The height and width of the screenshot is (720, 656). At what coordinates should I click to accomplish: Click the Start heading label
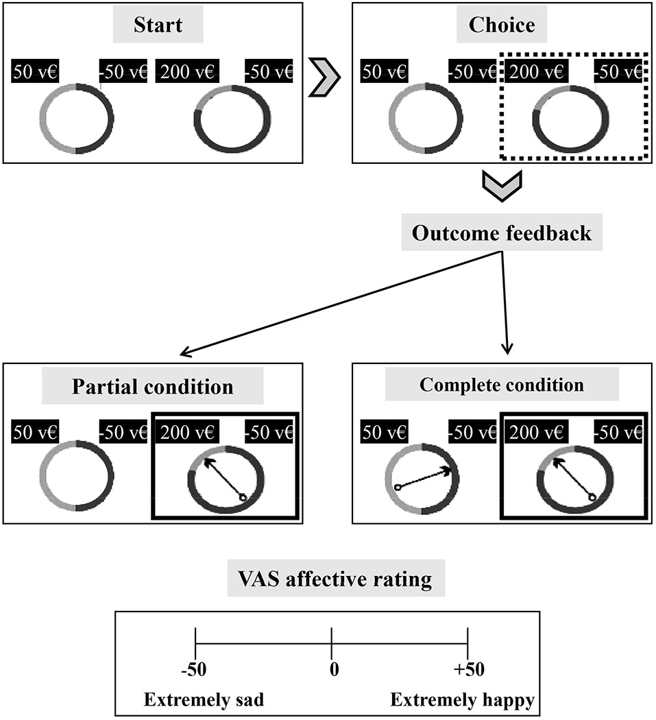pyautogui.click(x=158, y=26)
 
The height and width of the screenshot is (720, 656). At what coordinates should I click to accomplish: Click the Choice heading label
pyautogui.click(x=502, y=26)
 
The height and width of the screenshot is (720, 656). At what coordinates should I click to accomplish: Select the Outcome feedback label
pyautogui.click(x=501, y=233)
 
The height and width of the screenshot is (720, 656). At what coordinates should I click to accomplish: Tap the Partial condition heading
pyautogui.click(x=152, y=387)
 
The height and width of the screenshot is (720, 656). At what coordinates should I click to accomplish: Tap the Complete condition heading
pyautogui.click(x=501, y=385)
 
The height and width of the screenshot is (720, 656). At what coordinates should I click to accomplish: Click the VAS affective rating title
pyautogui.click(x=336, y=580)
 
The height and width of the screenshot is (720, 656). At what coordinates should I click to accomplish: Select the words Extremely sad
pyautogui.click(x=204, y=700)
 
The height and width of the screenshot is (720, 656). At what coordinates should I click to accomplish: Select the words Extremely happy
pyautogui.click(x=463, y=700)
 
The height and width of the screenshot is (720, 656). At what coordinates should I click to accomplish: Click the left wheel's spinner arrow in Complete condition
pyautogui.click(x=423, y=479)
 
